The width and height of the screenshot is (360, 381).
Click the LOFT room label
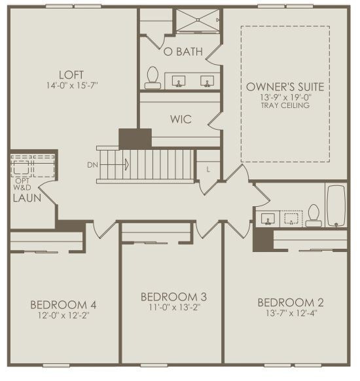(71, 75)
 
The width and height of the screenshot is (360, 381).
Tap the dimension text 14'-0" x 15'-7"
(72, 86)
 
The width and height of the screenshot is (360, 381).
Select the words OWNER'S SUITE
(285, 87)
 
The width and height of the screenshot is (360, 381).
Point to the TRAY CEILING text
(285, 105)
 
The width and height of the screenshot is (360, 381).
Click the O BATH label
(183, 52)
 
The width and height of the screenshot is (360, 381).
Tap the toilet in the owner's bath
(153, 78)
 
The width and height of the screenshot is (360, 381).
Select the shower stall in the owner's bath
(198, 20)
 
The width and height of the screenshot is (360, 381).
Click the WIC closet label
(181, 119)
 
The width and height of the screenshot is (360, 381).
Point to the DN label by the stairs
(92, 165)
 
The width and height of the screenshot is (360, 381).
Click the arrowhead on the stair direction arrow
(127, 165)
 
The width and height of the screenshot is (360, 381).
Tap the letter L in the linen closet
(208, 170)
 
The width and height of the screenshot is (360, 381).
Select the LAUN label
(27, 198)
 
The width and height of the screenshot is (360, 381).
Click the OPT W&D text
(22, 184)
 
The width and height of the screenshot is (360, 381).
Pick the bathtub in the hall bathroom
(336, 206)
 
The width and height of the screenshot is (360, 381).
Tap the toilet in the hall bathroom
(314, 216)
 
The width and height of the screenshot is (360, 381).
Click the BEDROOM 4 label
(63, 304)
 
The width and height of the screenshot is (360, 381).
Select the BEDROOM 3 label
(173, 297)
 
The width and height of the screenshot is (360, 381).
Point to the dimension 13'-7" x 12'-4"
(291, 313)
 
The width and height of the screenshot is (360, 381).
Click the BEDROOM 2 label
(291, 302)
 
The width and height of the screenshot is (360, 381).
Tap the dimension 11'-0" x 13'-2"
(174, 308)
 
